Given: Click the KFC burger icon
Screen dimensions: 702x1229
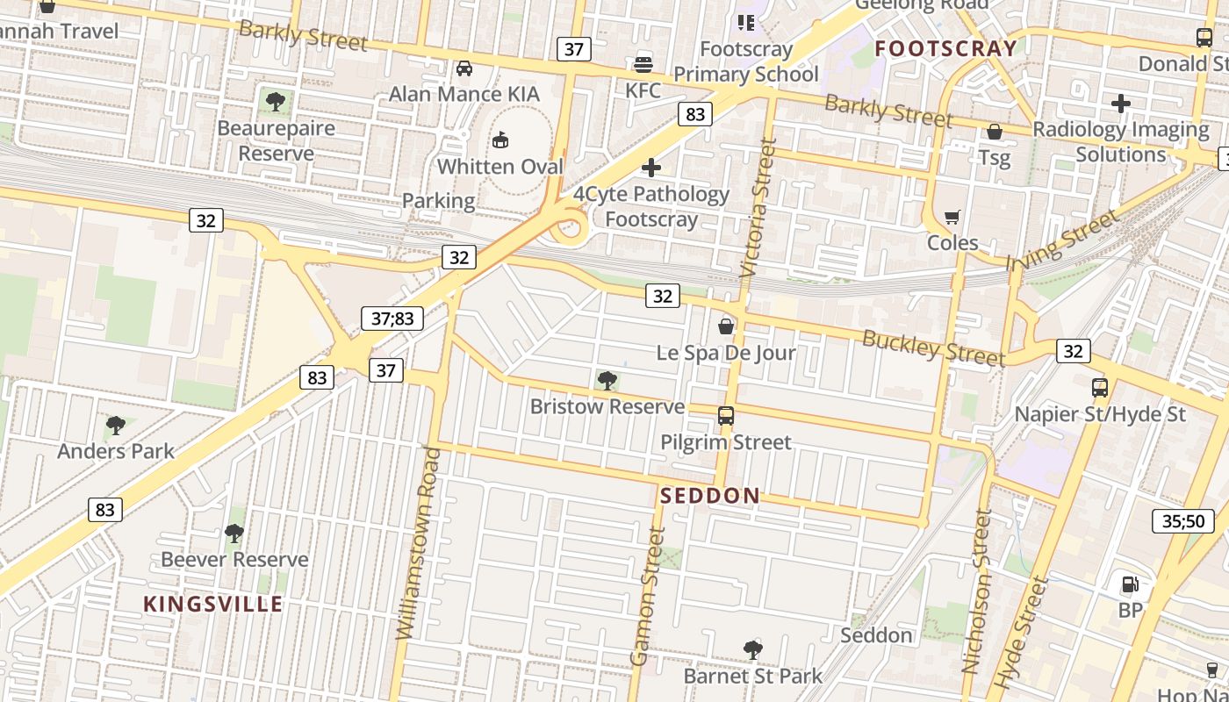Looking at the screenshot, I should point(643,63).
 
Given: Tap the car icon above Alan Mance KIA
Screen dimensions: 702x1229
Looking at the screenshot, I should point(464,68).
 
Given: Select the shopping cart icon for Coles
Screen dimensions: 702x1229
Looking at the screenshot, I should point(952,217).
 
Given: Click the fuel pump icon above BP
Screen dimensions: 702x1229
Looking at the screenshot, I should point(1130,584).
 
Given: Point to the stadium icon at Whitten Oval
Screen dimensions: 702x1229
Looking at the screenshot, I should point(500,140).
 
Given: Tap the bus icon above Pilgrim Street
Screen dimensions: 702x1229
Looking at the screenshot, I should point(726,416).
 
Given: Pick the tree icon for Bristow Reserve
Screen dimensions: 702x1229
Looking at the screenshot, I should point(607,381).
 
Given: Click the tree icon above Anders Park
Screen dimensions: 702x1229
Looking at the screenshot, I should point(116,426).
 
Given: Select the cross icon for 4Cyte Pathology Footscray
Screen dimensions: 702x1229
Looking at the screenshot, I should point(651,168).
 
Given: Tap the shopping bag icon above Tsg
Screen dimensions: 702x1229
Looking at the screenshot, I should point(995,132).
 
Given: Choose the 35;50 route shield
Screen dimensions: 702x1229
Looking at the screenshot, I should point(1183,521).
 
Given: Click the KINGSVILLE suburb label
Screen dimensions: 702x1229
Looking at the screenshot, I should point(213,605).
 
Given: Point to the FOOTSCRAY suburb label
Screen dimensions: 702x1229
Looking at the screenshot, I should point(946,49).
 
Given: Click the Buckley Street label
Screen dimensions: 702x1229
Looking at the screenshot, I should point(933,348).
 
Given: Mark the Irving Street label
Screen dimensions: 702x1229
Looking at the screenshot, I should point(1062,240).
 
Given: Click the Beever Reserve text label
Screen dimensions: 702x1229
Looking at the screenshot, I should point(234,560).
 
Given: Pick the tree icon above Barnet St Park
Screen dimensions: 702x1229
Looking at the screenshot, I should point(752,650).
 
